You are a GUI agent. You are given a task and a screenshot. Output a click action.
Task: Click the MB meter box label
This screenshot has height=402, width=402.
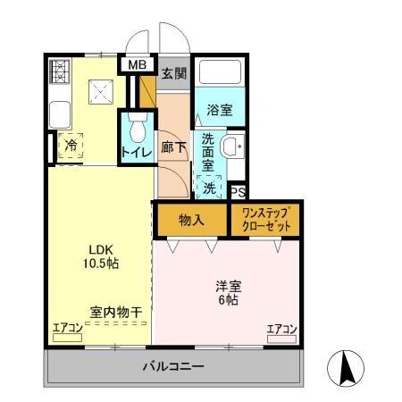138,64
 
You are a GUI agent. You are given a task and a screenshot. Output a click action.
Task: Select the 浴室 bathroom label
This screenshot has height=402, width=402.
219,111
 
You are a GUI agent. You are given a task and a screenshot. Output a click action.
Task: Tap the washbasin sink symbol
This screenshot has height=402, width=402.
232,148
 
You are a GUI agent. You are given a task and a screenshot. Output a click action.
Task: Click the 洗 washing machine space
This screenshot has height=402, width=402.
208,188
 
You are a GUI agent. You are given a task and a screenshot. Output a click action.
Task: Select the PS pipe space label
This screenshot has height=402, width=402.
238,191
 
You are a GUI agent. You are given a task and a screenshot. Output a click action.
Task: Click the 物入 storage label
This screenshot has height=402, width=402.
191,220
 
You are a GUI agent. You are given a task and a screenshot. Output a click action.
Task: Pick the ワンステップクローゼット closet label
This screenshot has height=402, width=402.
265,220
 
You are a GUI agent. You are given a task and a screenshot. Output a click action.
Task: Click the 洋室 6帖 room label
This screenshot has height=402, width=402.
227,293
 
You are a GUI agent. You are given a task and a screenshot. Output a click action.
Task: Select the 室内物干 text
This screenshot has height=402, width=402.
115,312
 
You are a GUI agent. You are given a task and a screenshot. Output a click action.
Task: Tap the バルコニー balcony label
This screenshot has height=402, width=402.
173,365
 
